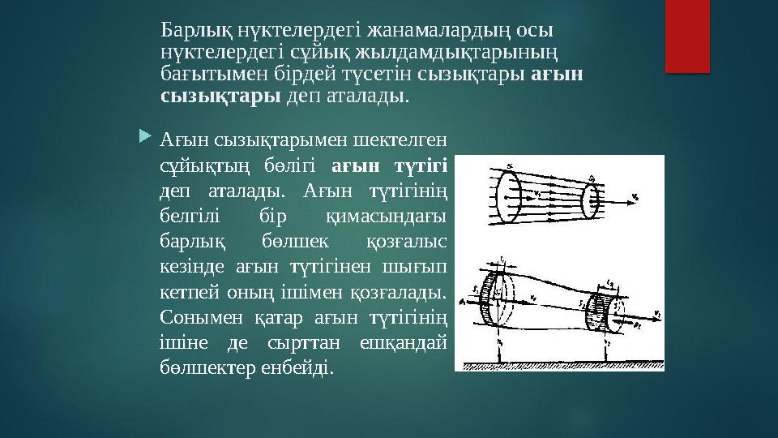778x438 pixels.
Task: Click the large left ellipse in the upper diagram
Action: pyautogui.click(x=510, y=194)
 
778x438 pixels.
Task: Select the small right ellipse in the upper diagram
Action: pyautogui.click(x=591, y=195)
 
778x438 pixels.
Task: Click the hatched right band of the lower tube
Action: pyautogui.click(x=598, y=312)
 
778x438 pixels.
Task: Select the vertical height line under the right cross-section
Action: pyautogui.click(x=608, y=344)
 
